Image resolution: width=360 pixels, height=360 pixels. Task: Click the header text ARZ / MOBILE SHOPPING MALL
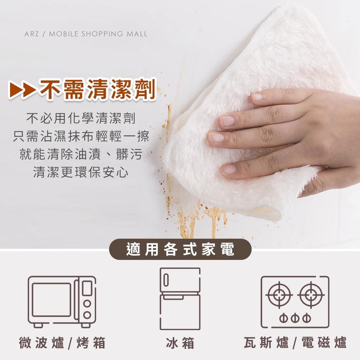tap(86, 34)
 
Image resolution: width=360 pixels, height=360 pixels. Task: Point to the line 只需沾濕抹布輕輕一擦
tap(81, 136)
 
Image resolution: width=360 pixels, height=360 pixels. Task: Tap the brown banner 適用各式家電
tap(180, 249)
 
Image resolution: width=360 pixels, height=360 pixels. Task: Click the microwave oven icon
tap(62, 302)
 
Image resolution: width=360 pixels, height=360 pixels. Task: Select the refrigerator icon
tap(180, 299)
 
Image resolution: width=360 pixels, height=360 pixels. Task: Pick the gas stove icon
tap(295, 302)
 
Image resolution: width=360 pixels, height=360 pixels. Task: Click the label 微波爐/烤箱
tap(62, 342)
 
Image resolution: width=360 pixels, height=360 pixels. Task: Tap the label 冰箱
tap(180, 342)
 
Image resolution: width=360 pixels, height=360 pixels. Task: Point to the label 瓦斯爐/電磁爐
tap(295, 342)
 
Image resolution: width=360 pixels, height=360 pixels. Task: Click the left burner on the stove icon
tap(279, 295)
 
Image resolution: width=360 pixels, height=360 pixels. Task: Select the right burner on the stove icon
tap(311, 295)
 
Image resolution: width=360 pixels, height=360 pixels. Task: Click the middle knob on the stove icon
tap(295, 318)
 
